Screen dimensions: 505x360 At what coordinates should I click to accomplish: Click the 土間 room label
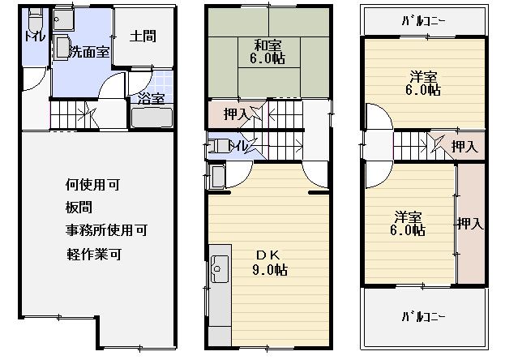143,36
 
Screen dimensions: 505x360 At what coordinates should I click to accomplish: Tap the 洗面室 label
90,52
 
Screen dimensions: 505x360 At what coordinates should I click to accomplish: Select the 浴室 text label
152,98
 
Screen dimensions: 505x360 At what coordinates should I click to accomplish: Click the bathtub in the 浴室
152,118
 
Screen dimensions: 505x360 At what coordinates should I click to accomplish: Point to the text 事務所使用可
107,230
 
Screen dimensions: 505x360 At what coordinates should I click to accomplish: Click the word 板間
79,208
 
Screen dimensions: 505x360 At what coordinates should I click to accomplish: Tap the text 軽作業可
94,255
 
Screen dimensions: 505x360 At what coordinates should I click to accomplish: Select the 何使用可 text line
92,185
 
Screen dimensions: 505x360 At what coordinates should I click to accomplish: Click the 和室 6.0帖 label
267,52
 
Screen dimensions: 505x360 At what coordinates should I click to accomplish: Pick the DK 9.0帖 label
270,263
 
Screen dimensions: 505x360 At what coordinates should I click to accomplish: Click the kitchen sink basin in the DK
220,269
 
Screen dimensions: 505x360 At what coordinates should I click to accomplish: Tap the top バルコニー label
424,21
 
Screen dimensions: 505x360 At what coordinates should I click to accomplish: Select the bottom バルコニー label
424,316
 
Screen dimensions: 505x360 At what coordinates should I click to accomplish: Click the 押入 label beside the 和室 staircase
236,114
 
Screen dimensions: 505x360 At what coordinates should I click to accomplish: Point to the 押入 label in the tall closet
471,223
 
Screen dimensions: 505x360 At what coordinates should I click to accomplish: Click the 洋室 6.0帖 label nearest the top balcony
423,84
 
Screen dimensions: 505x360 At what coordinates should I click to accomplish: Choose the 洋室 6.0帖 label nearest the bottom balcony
408,223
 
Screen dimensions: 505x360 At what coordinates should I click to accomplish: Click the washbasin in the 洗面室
62,48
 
